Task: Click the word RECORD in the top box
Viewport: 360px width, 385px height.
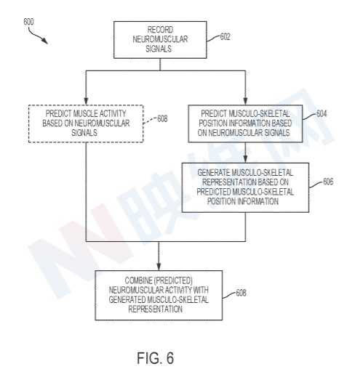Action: pyautogui.click(x=160, y=30)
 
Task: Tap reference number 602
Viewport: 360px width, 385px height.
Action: pyautogui.click(x=225, y=37)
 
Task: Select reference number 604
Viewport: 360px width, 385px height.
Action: pyautogui.click(x=321, y=114)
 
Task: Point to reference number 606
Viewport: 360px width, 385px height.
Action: pyautogui.click(x=328, y=182)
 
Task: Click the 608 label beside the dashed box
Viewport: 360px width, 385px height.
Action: pyautogui.click(x=162, y=119)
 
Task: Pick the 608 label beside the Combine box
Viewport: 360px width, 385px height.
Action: pyautogui.click(x=241, y=293)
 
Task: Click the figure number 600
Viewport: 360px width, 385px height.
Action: pyautogui.click(x=28, y=22)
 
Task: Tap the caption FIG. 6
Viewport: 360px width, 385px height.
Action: pyautogui.click(x=155, y=358)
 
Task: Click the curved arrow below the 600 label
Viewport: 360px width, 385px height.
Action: pyautogui.click(x=37, y=36)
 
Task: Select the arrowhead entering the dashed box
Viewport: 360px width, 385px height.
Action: pyautogui.click(x=86, y=102)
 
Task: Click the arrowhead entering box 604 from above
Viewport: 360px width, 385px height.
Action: pyautogui.click(x=245, y=102)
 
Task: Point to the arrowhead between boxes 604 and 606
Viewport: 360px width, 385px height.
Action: pyautogui.click(x=245, y=159)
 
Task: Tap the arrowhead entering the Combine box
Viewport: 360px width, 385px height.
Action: pyautogui.click(x=159, y=267)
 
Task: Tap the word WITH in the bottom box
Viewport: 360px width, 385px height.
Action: pyautogui.click(x=201, y=291)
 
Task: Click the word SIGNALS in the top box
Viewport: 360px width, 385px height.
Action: pyautogui.click(x=159, y=49)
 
